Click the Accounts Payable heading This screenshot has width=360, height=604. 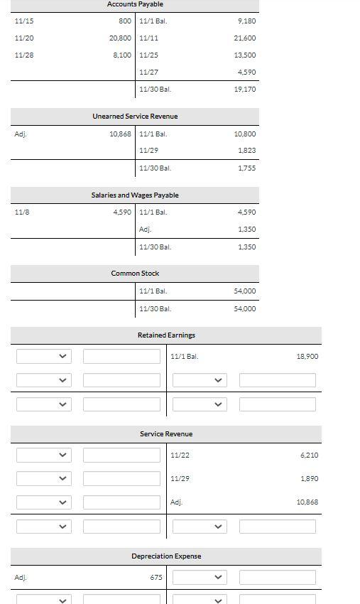[135, 4]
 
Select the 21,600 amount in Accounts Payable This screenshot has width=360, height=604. [244, 38]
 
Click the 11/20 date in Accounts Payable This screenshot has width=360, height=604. [24, 38]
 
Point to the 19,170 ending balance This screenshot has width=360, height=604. [244, 90]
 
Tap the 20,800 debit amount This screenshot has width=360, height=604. [120, 38]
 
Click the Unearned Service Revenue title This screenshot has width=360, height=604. [135, 117]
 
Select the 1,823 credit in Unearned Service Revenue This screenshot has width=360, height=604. [246, 151]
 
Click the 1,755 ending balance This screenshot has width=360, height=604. [246, 168]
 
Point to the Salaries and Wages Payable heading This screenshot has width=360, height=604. [135, 195]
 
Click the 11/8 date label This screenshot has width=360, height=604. [21, 212]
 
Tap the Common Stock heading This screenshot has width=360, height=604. [135, 274]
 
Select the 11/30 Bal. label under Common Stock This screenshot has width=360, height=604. [156, 309]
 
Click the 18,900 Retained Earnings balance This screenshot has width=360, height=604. [307, 357]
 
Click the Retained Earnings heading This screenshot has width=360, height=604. [166, 335]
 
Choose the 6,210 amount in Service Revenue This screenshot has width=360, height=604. [309, 455]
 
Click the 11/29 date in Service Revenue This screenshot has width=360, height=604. [180, 479]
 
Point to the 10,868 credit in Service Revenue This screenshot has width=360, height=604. [307, 502]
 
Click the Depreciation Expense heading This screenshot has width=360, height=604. [166, 556]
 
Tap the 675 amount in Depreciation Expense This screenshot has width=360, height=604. [156, 578]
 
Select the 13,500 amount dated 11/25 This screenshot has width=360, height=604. [244, 55]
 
